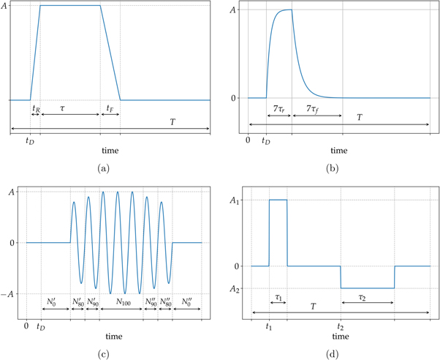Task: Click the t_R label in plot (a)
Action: coord(35,108)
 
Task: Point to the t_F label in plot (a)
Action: coord(110,108)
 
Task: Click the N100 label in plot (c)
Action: coord(121,301)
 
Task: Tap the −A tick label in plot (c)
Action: coord(12,294)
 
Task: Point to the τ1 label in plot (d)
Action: coord(278,299)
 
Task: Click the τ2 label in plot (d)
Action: coord(366,299)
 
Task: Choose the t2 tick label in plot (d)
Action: coord(341,327)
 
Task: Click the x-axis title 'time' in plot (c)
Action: coord(114,337)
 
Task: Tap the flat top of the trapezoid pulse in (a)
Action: coord(69,6)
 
